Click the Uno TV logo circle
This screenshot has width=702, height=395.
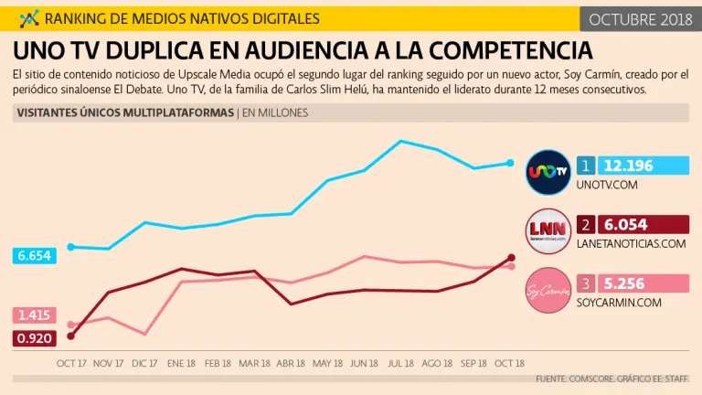click(548, 171)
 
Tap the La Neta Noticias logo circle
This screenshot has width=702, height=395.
click(548, 229)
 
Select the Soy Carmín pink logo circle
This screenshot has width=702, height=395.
click(548, 288)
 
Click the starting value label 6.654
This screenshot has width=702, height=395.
click(35, 256)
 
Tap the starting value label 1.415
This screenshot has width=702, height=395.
click(35, 315)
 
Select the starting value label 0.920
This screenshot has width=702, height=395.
click(35, 338)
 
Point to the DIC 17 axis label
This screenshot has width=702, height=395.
click(144, 363)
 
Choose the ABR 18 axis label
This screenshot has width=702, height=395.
click(291, 363)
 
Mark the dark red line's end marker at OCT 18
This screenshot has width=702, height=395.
click(511, 258)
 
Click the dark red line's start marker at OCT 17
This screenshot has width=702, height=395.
click(70, 336)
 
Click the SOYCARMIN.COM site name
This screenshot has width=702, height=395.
click(618, 303)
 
